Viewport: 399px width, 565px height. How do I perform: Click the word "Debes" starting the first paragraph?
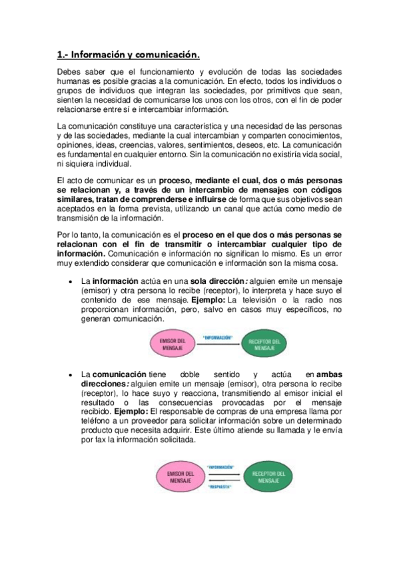(x=70, y=71)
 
